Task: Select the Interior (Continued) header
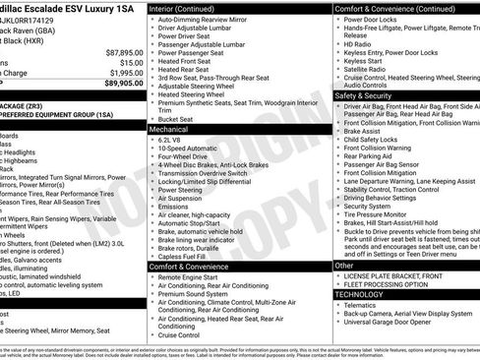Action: click(x=187, y=8)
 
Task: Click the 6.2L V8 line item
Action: click(x=171, y=140)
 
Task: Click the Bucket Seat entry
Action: click(x=178, y=118)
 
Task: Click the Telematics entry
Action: click(x=365, y=305)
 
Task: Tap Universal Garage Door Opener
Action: click(x=393, y=322)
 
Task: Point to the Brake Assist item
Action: click(x=365, y=131)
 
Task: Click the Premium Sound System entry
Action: click(x=194, y=293)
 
